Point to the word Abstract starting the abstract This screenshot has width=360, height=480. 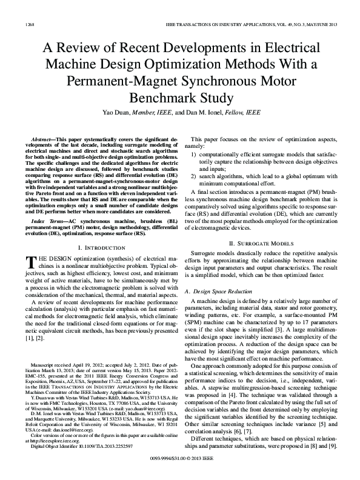[x=42, y=139]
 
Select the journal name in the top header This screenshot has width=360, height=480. [x=251, y=25]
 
